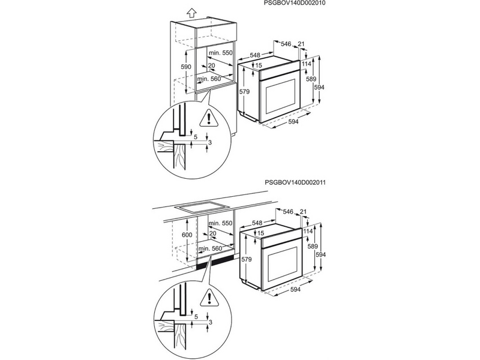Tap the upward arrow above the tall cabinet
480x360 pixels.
(191, 13)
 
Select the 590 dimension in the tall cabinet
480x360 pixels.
(185, 67)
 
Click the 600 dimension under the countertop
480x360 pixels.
(187, 235)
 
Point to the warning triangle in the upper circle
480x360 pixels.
(209, 118)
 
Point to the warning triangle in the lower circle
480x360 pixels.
(209, 298)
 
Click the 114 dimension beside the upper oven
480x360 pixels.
(306, 64)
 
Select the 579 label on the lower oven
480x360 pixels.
(246, 259)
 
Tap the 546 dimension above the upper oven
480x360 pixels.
(286, 44)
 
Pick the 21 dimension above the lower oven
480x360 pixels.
(304, 212)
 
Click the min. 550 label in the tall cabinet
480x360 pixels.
(220, 53)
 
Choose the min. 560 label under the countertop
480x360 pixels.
(210, 248)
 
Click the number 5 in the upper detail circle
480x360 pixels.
(196, 137)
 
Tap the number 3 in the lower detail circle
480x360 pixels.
(210, 322)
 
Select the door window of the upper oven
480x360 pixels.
(281, 96)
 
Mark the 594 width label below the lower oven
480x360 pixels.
(295, 289)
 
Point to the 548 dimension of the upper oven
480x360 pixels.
(254, 55)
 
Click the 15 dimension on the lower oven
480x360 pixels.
(260, 233)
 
